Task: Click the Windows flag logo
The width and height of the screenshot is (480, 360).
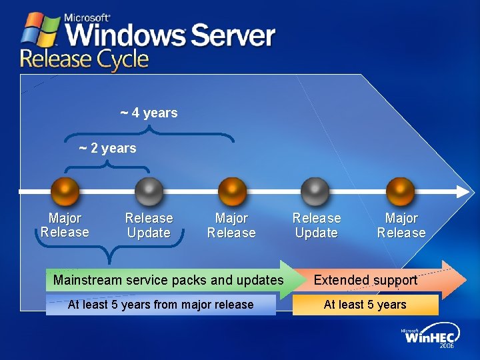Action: click(x=41, y=30)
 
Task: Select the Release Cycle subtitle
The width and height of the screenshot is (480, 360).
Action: click(x=84, y=59)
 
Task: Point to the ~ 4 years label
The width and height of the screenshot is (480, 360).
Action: click(x=149, y=113)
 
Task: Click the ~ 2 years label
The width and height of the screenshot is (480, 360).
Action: click(x=107, y=148)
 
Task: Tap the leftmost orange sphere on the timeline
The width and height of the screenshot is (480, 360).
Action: click(x=65, y=192)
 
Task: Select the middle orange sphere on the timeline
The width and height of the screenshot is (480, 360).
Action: click(x=232, y=192)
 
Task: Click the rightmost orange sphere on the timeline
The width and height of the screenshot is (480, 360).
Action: click(x=400, y=192)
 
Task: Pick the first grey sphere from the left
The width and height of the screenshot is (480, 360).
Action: click(x=149, y=192)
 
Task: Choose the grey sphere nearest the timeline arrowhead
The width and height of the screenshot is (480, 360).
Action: click(x=315, y=192)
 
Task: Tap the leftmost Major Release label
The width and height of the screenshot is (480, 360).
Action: click(x=65, y=225)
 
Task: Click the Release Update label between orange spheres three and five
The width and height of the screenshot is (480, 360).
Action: click(x=316, y=225)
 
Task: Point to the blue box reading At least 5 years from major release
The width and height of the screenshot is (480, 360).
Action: click(x=161, y=305)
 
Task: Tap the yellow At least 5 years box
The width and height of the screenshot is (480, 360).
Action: click(x=365, y=305)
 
